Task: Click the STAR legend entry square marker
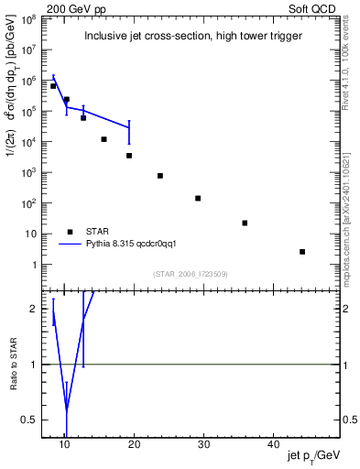(x=70, y=232)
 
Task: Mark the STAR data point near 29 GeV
(x=198, y=198)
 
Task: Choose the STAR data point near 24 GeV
(x=160, y=175)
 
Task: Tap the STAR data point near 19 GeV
(x=129, y=155)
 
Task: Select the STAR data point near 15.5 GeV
(x=104, y=139)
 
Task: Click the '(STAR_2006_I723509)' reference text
(x=190, y=273)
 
